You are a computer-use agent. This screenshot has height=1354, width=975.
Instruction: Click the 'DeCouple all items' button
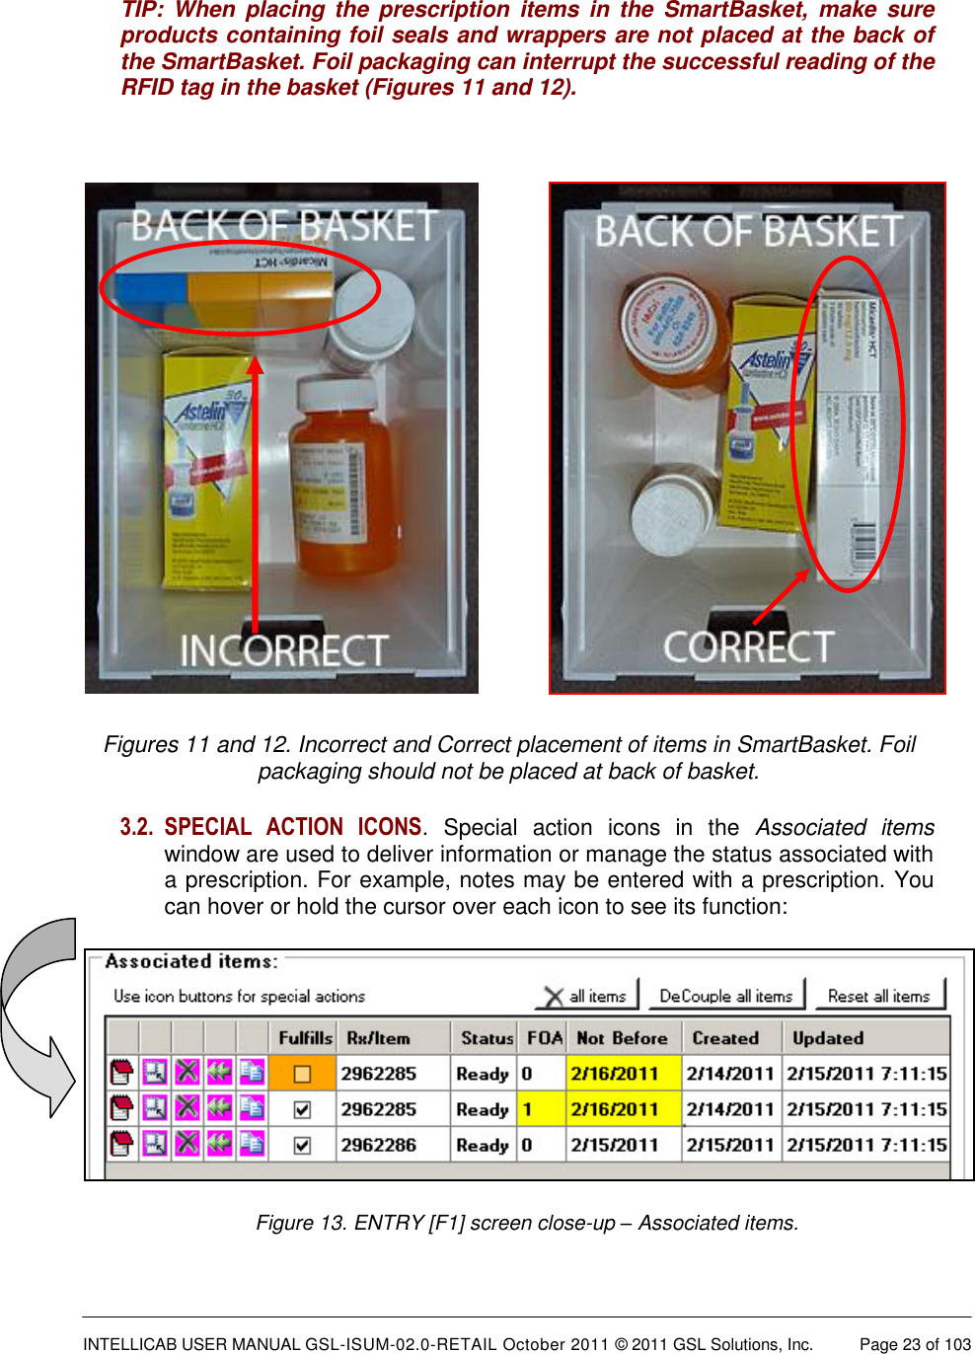pyautogui.click(x=725, y=996)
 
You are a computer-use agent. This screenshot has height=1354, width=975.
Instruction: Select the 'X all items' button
pyautogui.click(x=586, y=996)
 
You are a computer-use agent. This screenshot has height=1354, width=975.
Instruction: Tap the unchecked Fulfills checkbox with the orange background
pyautogui.click(x=302, y=1074)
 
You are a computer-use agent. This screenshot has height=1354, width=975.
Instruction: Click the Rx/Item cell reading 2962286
pyautogui.click(x=379, y=1145)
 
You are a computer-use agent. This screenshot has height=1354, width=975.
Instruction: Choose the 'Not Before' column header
pyautogui.click(x=622, y=1038)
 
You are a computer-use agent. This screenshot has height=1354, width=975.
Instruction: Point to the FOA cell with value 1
pyautogui.click(x=528, y=1109)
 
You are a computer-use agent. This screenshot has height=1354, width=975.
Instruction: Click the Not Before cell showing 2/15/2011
pyautogui.click(x=614, y=1145)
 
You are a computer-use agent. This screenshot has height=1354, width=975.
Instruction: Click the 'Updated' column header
pyautogui.click(x=827, y=1038)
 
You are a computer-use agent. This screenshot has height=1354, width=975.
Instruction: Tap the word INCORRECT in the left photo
pyautogui.click(x=283, y=650)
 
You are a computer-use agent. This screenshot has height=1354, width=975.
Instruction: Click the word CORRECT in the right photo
pyautogui.click(x=748, y=646)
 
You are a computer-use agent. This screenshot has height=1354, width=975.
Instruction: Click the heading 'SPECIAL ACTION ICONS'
pyautogui.click(x=293, y=827)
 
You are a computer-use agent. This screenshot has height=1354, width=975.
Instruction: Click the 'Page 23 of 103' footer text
pyautogui.click(x=915, y=1344)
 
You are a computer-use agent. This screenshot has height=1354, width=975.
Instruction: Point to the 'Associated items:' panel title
pyautogui.click(x=191, y=961)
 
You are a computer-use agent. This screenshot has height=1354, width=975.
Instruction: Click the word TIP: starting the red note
pyautogui.click(x=142, y=10)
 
